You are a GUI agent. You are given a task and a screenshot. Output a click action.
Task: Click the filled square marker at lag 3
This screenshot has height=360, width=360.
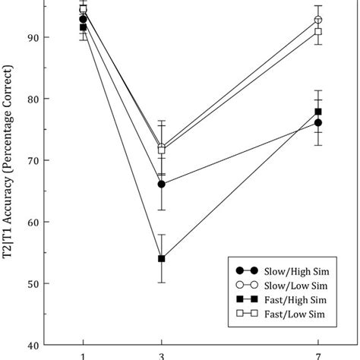(161, 259)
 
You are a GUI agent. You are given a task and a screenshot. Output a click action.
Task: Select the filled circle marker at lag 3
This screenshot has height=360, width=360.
(161, 184)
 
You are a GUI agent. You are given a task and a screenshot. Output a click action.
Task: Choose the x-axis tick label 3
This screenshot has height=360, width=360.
(161, 355)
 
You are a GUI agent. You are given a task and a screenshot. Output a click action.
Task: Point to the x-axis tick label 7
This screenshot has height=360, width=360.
(318, 355)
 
